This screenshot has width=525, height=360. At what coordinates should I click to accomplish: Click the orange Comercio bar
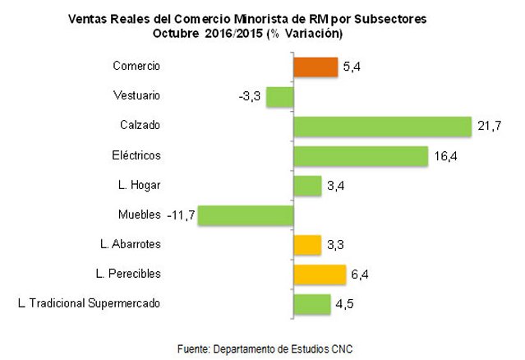(315, 67)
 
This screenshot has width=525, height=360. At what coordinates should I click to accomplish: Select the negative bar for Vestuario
(279, 96)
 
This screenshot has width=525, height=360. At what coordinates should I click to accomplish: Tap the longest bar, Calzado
(382, 126)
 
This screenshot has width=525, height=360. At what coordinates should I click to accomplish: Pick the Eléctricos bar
(361, 155)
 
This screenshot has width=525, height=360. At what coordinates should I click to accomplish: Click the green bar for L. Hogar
(307, 185)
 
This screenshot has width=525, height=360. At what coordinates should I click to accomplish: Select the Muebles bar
(245, 215)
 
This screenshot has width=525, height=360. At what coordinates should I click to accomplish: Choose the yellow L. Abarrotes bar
(306, 244)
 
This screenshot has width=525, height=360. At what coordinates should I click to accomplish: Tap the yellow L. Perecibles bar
(320, 274)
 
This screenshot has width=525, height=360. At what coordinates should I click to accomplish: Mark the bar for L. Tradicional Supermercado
(311, 303)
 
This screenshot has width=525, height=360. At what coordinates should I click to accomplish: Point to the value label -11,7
(181, 215)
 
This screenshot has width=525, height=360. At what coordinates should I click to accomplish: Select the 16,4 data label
(444, 156)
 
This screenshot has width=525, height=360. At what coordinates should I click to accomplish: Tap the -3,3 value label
(249, 97)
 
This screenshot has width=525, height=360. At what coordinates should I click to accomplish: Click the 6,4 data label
(362, 275)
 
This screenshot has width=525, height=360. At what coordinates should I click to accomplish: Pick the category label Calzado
(139, 126)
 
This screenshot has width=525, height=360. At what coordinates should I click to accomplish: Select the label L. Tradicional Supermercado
(89, 303)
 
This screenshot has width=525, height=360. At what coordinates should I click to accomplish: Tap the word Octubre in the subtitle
(175, 33)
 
